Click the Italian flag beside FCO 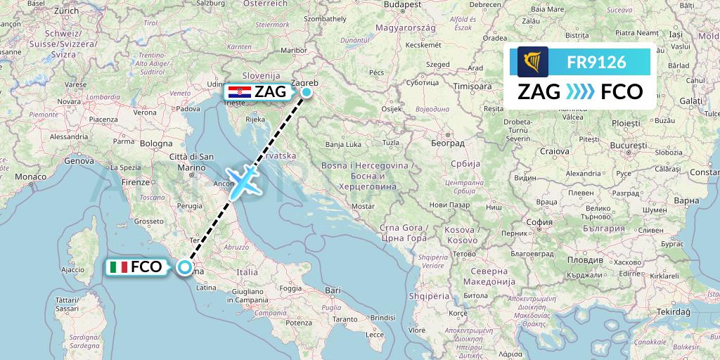click(x=118, y=267)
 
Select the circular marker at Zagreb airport click(x=307, y=91)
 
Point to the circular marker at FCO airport click(x=184, y=267)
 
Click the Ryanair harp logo click(x=532, y=62)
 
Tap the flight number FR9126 click(x=596, y=62)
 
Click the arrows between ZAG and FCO click(x=580, y=92)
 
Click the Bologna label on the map click(x=155, y=143)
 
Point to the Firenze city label click(x=136, y=182)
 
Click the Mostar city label click(x=362, y=207)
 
